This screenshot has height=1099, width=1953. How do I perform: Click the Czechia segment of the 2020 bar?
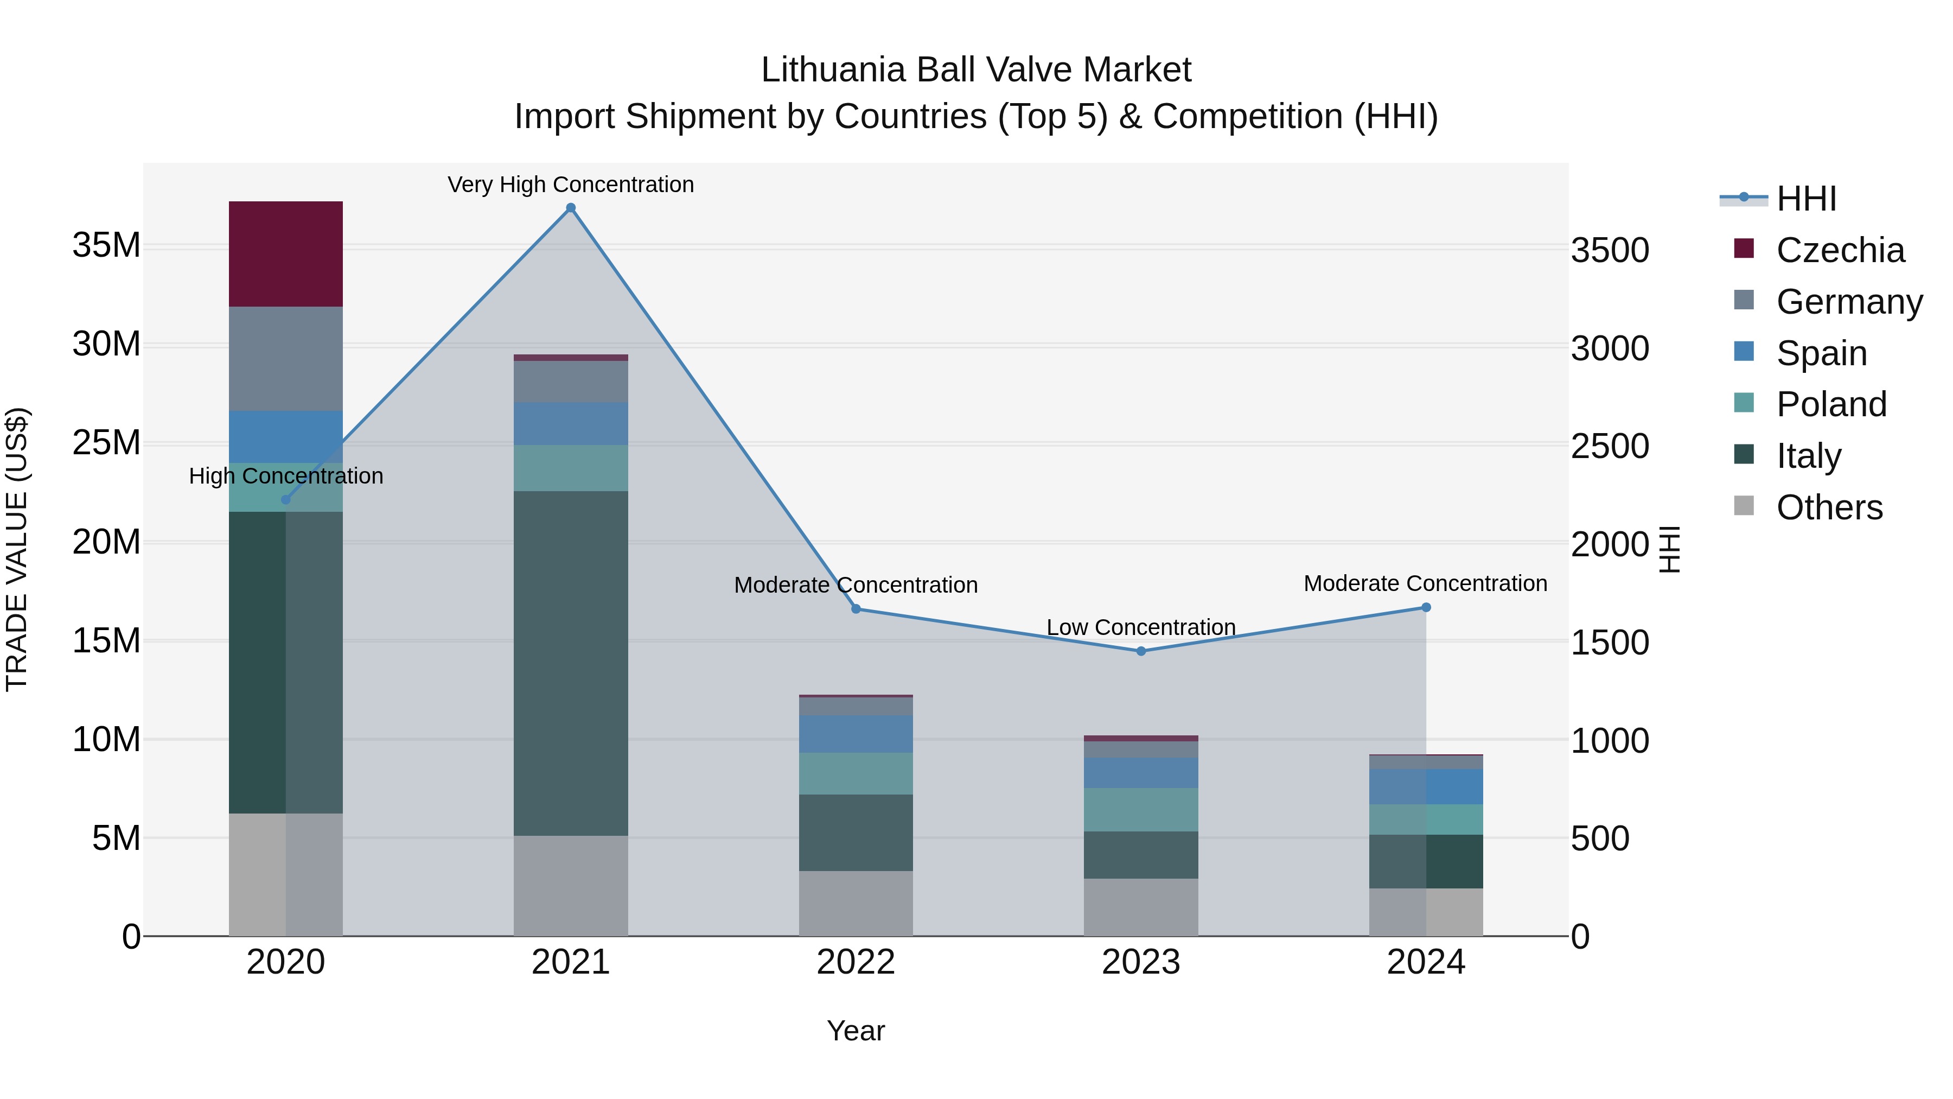286,253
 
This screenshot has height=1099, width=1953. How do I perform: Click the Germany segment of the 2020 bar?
286,358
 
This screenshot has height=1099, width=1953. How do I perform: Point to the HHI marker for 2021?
571,208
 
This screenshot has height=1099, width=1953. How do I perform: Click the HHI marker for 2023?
1140,651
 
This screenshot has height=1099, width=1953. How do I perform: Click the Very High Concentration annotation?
570,185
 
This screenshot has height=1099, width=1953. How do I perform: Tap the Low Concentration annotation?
1140,627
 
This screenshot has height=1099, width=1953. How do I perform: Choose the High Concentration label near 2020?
286,475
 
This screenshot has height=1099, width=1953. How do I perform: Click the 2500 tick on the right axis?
1609,446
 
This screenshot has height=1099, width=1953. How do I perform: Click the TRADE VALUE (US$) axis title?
17,549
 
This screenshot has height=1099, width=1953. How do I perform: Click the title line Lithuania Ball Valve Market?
976,70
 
